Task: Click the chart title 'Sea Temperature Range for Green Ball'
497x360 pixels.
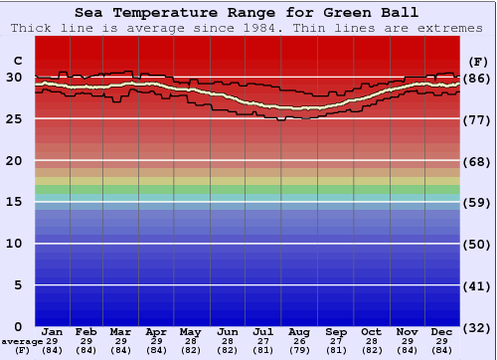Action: (x=247, y=13)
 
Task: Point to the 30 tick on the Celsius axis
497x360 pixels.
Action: (x=14, y=77)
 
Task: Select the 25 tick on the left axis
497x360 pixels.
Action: (x=14, y=118)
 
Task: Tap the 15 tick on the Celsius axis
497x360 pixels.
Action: (x=14, y=202)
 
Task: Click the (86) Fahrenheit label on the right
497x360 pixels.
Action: (x=477, y=78)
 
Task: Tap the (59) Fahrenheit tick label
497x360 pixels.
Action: (x=477, y=203)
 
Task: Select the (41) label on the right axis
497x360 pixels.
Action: (x=477, y=285)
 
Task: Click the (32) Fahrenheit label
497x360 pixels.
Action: (x=477, y=327)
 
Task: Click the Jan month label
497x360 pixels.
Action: (x=53, y=331)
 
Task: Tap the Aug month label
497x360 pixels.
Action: (x=299, y=331)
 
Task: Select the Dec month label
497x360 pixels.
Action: (x=441, y=331)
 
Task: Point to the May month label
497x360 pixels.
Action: (x=190, y=331)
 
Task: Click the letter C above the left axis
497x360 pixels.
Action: (x=17, y=60)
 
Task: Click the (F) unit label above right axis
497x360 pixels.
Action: (x=478, y=60)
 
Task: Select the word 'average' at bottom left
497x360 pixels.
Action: (x=22, y=341)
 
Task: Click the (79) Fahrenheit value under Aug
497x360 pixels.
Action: (x=299, y=350)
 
